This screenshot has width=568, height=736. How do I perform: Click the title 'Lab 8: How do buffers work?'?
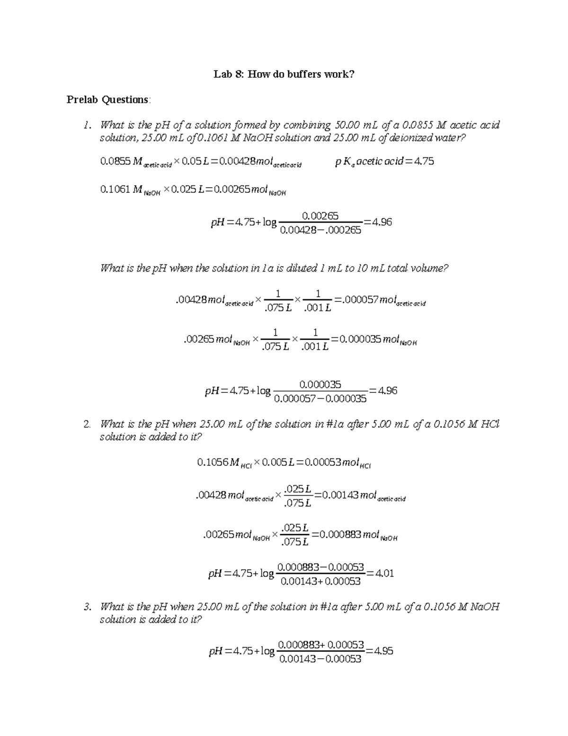click(284, 74)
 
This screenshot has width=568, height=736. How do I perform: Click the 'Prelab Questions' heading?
click(108, 100)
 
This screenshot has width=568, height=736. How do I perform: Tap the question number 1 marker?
click(86, 126)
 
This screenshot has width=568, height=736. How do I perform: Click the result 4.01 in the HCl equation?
click(384, 573)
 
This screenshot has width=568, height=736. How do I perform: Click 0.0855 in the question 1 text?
click(417, 126)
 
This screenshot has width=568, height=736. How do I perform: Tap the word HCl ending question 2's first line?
click(490, 424)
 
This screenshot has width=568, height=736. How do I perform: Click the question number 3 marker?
click(86, 607)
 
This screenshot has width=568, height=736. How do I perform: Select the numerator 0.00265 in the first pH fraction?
click(320, 216)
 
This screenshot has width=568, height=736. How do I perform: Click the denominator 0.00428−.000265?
click(320, 230)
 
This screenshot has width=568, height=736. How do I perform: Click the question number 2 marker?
click(86, 424)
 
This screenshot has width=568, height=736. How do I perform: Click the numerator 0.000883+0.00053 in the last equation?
click(321, 645)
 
